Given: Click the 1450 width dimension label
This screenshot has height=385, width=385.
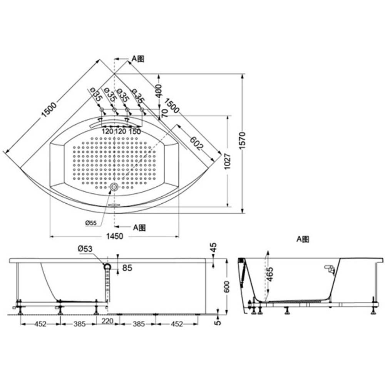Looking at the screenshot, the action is click(114, 236).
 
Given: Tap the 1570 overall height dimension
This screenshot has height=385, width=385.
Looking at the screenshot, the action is click(242, 141).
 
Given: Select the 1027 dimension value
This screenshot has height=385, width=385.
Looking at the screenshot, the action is click(228, 161).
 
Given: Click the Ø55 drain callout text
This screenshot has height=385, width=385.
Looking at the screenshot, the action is click(91, 223).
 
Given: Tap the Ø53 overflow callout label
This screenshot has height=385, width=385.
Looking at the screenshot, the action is click(85, 249).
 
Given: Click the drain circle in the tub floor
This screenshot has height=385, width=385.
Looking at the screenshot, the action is click(114, 187).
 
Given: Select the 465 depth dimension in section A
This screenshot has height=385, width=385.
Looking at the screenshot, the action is click(269, 274).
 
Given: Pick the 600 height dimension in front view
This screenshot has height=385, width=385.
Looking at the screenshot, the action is click(227, 286).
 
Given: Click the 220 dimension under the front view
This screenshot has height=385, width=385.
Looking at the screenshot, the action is click(107, 321).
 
